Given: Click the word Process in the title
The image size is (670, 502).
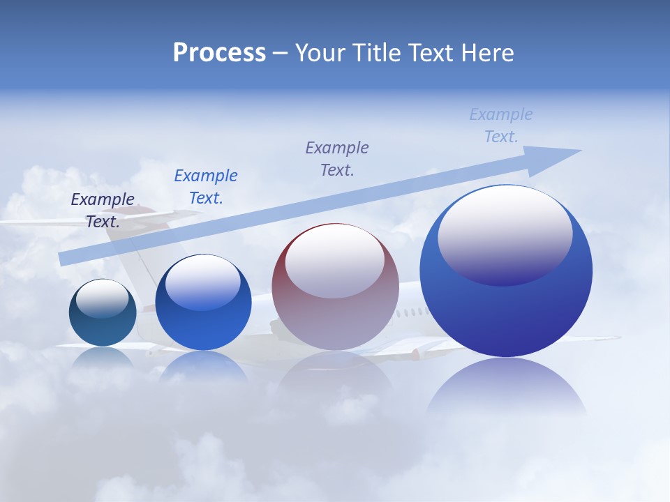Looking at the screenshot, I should coord(219,53).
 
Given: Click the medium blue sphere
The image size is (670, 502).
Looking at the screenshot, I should coord(203,303).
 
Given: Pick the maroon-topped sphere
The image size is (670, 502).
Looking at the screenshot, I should coord(335,287).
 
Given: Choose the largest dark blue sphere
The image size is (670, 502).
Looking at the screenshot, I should coord(506,272).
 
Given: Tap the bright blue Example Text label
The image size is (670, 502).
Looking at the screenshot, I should coord(206,187).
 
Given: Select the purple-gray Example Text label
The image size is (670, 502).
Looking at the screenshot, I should coord(337,158).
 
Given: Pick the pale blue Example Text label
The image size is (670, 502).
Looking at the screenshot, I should coord(501,125).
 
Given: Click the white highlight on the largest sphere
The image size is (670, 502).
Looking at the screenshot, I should coord(505,234).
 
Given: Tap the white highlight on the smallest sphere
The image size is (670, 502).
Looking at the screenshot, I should coord(102,298).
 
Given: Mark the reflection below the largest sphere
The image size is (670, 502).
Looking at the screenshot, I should coord(506,387).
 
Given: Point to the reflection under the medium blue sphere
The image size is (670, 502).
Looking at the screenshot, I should coord(203,365).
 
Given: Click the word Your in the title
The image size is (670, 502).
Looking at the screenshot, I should coord(320,53).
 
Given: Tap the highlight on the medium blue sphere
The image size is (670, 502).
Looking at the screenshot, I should coord(203,282).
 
